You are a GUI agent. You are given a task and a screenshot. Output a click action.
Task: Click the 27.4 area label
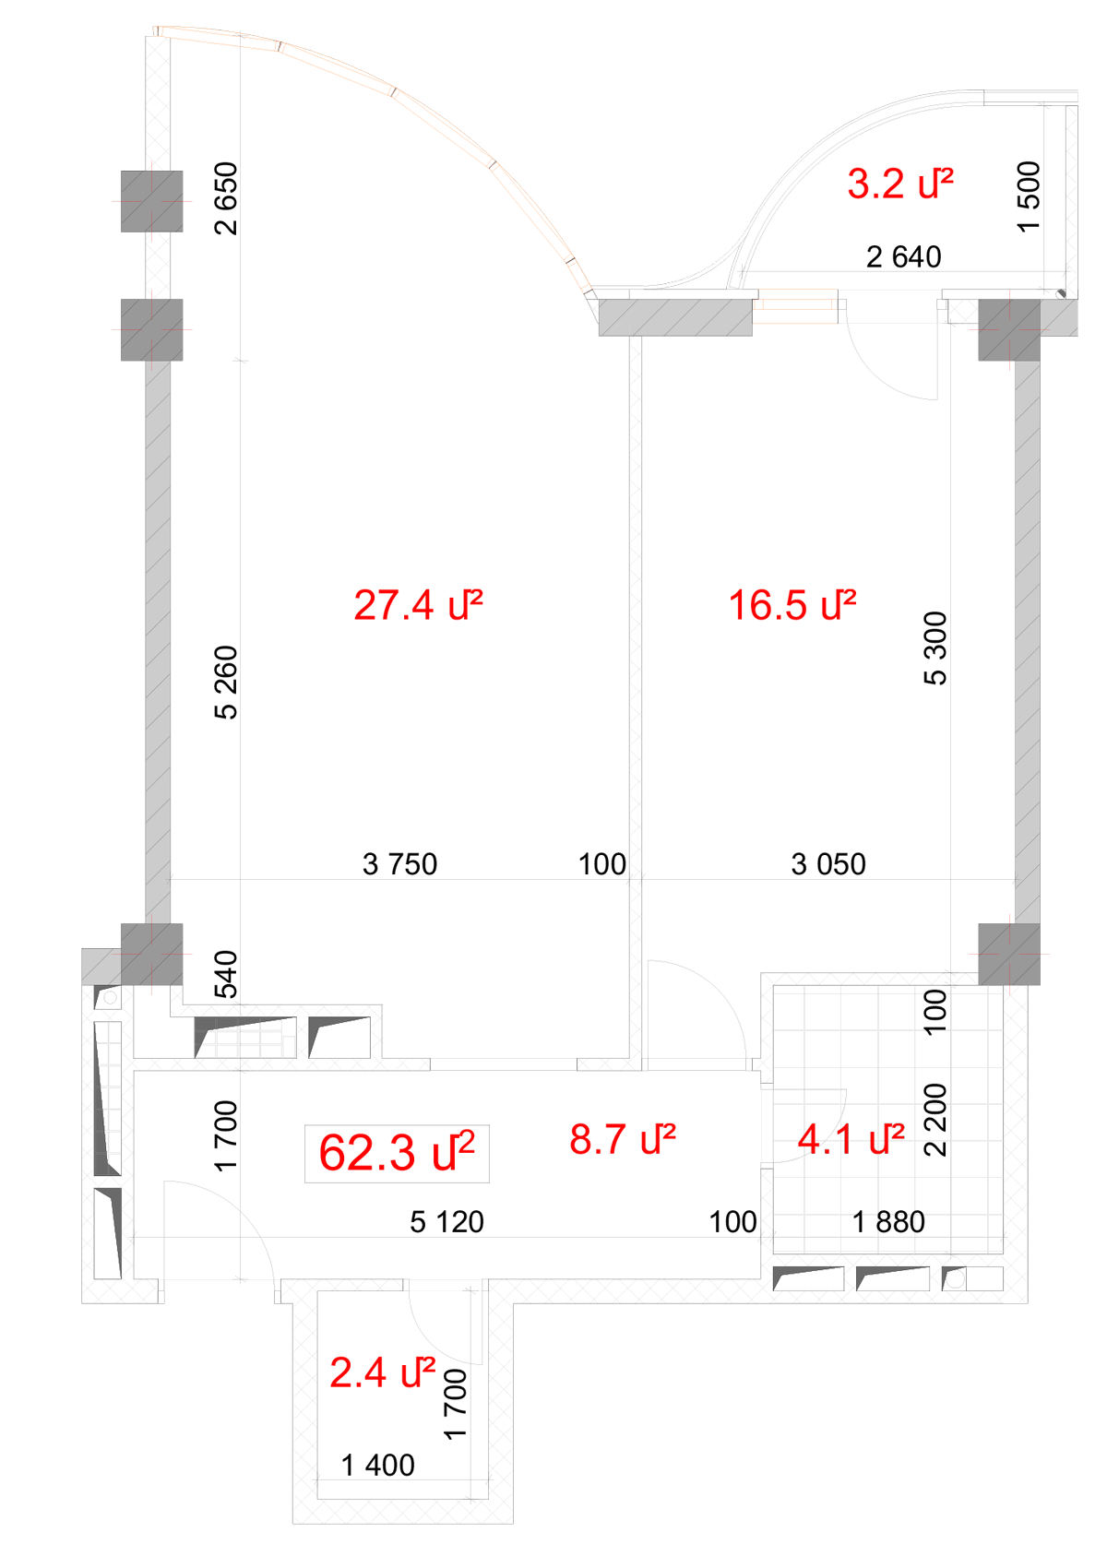418,605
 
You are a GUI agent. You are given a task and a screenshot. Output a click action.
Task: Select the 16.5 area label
792,605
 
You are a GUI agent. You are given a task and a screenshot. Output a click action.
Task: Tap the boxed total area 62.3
397,1153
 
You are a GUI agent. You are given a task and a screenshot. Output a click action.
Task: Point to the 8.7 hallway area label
622,1140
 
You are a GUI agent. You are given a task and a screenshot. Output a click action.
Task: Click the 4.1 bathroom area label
851,1140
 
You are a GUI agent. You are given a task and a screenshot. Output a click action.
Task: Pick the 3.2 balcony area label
900,184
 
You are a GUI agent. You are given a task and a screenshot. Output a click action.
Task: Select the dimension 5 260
227,683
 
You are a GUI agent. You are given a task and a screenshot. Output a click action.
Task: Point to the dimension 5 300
934,648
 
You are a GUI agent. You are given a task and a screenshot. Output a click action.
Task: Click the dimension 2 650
227,198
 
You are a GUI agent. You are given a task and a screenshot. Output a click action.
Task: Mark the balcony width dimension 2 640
903,257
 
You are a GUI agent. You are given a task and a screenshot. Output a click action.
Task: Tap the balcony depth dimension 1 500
1029,196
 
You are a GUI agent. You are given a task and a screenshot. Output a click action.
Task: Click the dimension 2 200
934,1120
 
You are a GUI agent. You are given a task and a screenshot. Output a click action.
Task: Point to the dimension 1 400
378,1466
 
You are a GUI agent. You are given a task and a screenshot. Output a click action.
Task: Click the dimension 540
227,975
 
